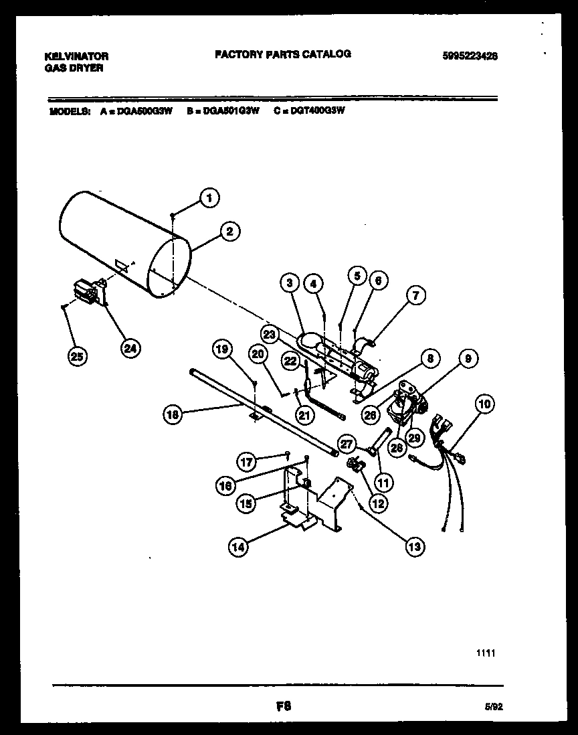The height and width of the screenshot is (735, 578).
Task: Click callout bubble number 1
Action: click(209, 197)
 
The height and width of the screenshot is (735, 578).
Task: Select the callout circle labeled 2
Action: click(229, 232)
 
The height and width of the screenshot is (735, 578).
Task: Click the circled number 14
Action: click(239, 547)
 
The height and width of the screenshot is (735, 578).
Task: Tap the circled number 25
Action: click(78, 357)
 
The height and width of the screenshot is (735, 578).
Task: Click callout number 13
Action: click(415, 546)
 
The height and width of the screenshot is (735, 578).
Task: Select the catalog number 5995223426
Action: click(470, 56)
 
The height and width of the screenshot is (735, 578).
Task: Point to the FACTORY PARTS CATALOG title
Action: click(282, 54)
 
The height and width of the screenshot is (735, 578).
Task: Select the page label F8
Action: click(282, 705)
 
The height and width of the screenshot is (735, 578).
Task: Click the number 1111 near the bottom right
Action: click(486, 653)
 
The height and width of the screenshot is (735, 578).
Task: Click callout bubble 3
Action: click(290, 283)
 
